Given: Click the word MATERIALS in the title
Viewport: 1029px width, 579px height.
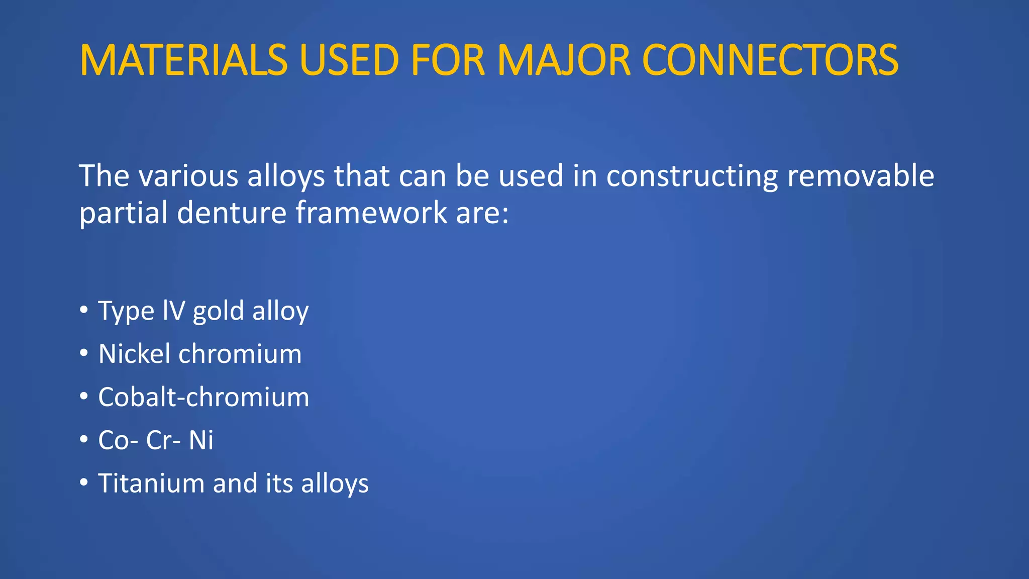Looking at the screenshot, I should coord(183,61).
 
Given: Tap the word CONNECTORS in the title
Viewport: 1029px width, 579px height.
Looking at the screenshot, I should coord(770,61).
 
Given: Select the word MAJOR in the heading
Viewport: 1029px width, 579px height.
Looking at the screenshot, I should coord(564,61).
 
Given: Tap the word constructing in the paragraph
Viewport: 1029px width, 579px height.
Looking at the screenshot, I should coord(692,177).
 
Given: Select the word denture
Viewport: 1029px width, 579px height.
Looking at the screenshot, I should coord(232,213).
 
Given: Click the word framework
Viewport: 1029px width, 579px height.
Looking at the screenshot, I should coord(371,213).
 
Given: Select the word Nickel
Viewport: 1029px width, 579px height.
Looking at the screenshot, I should coord(134,353).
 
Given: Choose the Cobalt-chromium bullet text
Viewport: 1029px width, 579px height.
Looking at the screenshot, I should coord(203,397).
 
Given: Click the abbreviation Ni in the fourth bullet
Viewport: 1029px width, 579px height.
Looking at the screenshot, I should coord(201,440).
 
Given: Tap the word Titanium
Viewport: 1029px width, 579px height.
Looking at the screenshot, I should coord(151,483).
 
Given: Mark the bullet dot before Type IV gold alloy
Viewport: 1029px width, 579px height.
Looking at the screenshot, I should coord(84,310).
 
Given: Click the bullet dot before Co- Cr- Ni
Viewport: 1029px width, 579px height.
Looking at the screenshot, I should coord(84,439).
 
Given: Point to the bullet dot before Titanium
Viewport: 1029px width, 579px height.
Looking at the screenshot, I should coord(84,482).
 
